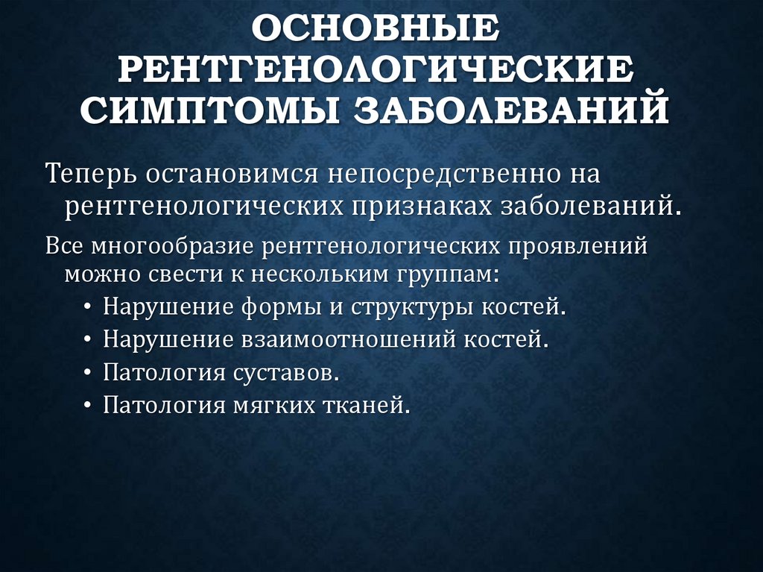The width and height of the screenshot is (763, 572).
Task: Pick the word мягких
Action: (276, 405)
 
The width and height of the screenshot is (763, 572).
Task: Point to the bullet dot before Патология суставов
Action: (89, 373)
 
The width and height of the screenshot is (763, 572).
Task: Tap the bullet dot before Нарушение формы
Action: (89, 308)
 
